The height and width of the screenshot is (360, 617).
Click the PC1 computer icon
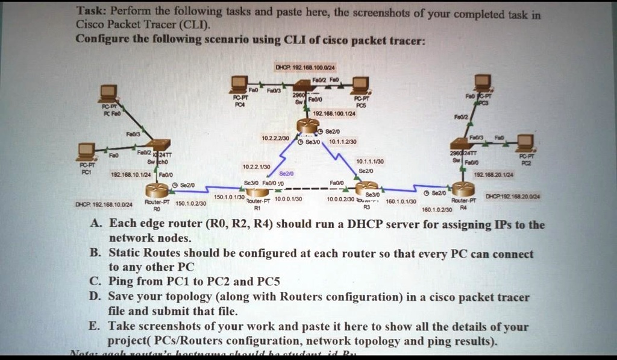tap(87, 151)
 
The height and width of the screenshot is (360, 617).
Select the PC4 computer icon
tap(240, 84)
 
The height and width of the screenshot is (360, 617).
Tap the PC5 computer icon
tap(360, 85)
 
